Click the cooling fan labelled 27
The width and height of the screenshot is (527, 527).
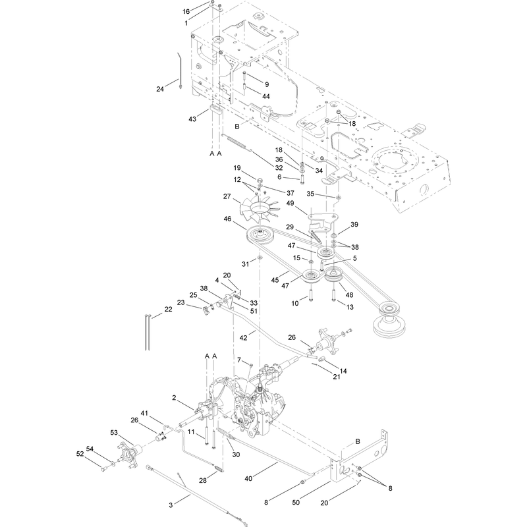260,209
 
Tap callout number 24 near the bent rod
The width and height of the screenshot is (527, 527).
160,89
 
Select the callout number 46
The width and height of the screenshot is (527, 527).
227,219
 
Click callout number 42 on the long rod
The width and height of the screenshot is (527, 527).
243,338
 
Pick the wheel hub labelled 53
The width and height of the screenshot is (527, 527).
130,454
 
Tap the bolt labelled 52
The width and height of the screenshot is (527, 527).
103,468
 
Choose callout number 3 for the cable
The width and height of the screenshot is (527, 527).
171,505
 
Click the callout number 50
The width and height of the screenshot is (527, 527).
296,503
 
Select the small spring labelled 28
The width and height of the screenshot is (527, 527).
219,468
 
